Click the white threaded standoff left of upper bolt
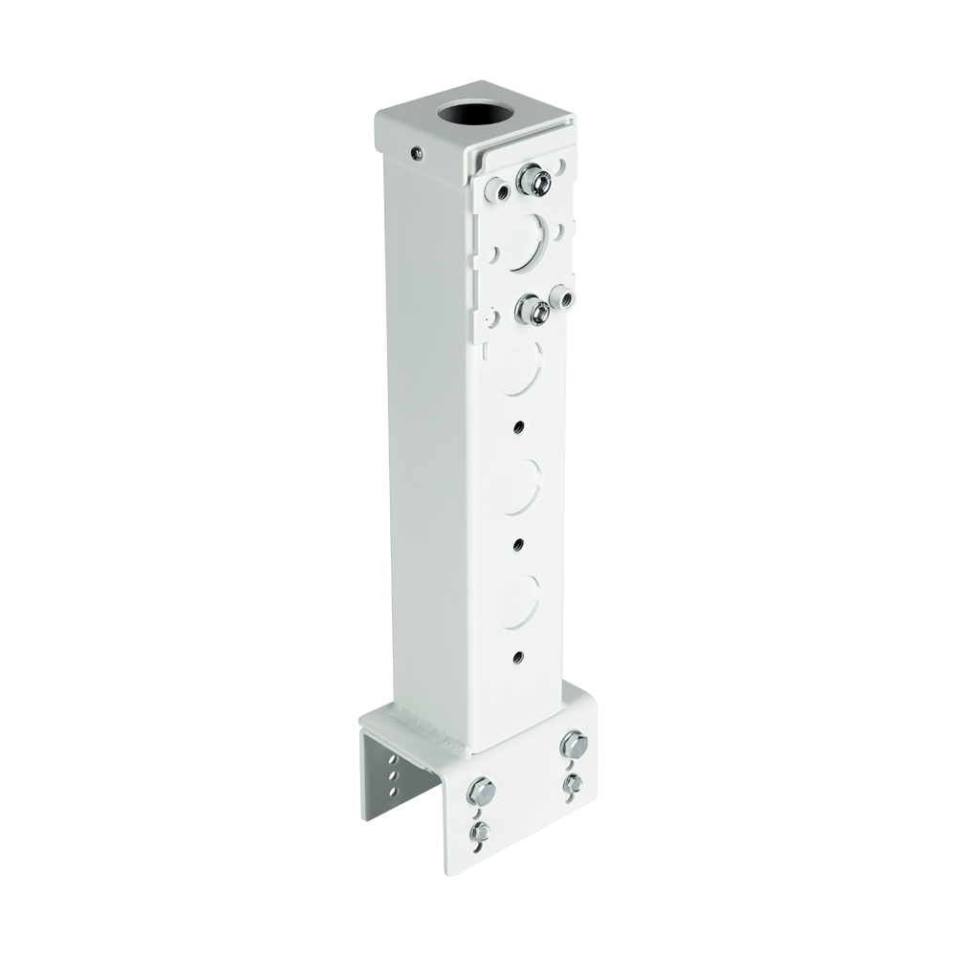point(498,190)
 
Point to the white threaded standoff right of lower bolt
point(565,298)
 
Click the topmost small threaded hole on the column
point(518,424)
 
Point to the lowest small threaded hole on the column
point(517,657)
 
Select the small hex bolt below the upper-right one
point(574,784)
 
